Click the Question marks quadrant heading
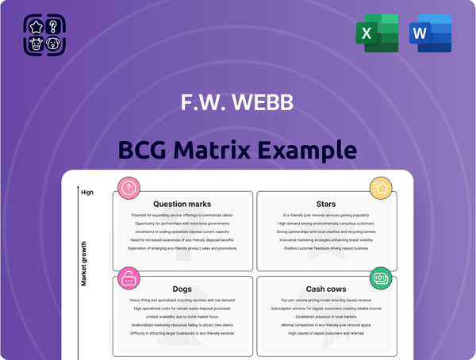click(182, 204)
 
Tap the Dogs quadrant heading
click(182, 289)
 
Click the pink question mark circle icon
click(128, 187)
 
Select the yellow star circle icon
click(380, 188)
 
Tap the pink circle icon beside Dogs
click(128, 278)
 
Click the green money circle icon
click(380, 278)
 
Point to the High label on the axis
click(87, 192)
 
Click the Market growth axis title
click(83, 262)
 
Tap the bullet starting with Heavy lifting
click(182, 301)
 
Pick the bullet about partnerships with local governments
click(182, 224)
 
